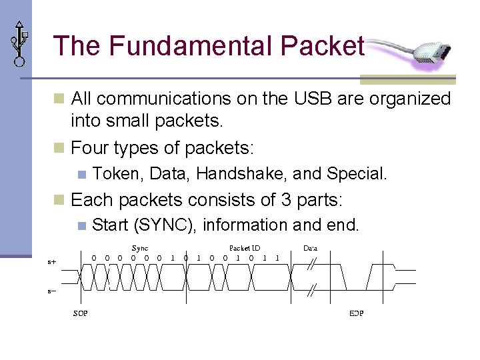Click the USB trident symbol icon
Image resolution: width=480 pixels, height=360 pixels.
(x=19, y=42)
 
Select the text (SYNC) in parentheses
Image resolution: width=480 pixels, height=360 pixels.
(x=165, y=225)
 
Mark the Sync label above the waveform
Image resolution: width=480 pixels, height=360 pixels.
(x=140, y=248)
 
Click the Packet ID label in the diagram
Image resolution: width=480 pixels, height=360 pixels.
(x=245, y=248)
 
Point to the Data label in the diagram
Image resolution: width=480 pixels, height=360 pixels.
(x=311, y=248)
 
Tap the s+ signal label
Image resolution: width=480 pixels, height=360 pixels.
(x=51, y=262)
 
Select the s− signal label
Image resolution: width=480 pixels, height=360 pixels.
(x=51, y=291)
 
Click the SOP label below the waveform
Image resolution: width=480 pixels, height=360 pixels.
(x=80, y=313)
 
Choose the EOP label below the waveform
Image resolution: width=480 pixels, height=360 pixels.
(x=356, y=313)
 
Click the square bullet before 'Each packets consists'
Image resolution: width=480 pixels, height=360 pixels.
(x=59, y=200)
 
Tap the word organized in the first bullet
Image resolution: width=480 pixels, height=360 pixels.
(x=409, y=99)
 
